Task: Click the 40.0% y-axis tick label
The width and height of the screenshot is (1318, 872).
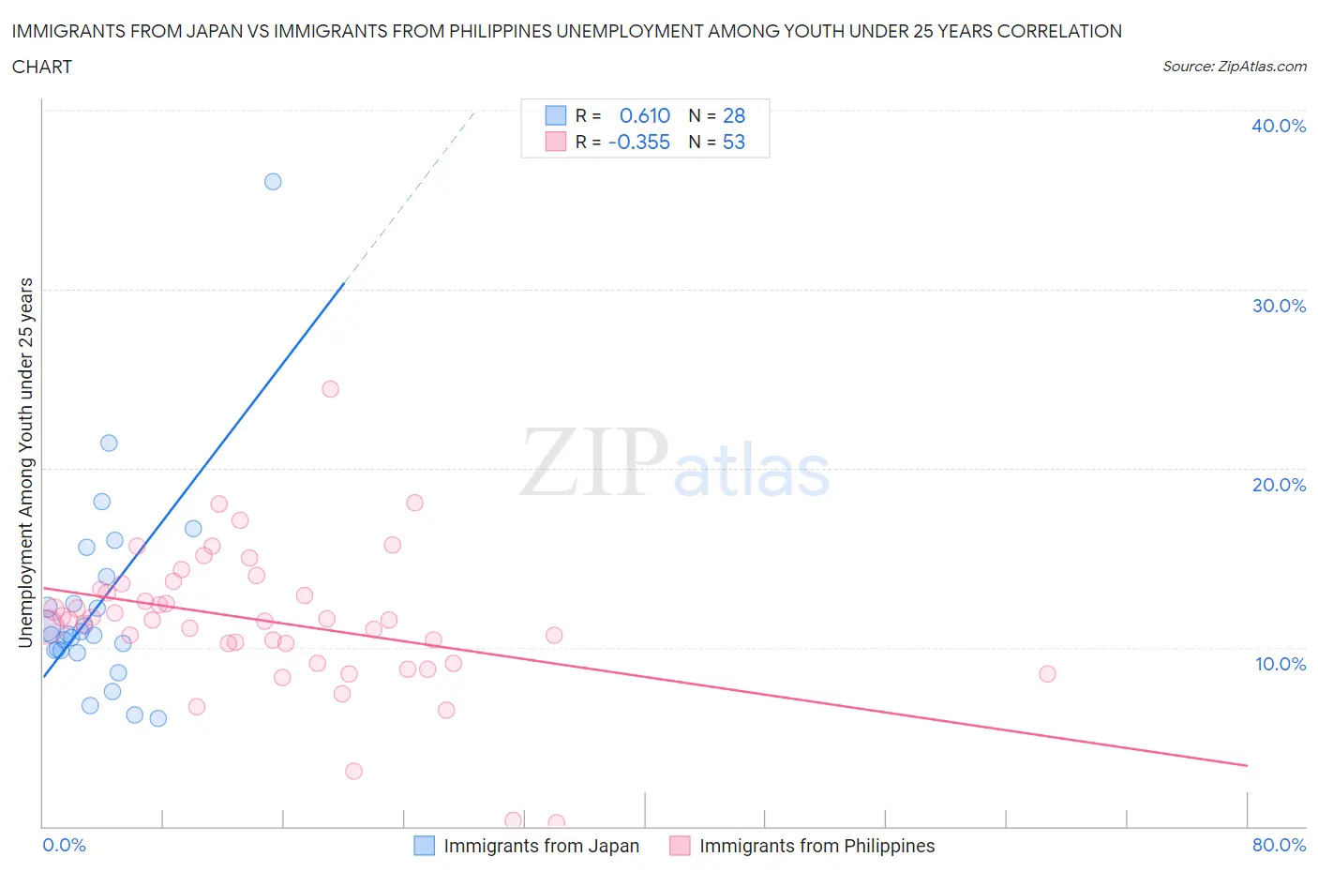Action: (1279, 126)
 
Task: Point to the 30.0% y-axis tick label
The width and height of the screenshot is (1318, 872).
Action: (1279, 306)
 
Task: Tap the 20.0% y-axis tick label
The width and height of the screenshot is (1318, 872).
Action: (1279, 485)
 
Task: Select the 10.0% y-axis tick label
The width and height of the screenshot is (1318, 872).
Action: (1279, 664)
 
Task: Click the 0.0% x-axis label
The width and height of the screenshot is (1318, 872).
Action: (64, 845)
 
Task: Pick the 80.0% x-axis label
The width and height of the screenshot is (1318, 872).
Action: (1279, 845)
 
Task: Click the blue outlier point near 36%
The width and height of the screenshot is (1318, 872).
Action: (273, 182)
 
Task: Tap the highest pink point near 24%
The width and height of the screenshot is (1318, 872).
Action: (330, 389)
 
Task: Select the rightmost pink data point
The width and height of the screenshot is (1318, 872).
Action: (1047, 674)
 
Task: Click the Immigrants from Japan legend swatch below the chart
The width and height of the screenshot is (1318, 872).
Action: (425, 846)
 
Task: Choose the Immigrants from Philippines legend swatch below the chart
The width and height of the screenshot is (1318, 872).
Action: (680, 846)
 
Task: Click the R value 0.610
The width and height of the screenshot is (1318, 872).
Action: (645, 115)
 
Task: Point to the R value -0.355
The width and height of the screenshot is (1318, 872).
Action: (639, 142)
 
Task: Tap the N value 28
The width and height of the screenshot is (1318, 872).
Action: (734, 115)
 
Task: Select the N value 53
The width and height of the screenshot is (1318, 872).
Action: (734, 142)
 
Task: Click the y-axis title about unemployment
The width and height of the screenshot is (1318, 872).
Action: (26, 462)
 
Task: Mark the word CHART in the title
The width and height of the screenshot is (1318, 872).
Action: (42, 67)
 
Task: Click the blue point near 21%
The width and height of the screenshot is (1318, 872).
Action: (109, 444)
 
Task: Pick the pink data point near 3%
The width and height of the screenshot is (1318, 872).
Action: (353, 771)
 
